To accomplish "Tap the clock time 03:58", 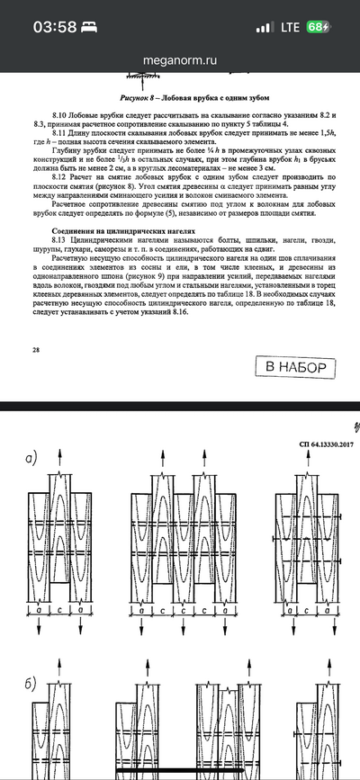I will [x=56, y=27].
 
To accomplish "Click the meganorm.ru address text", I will [x=180, y=58].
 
